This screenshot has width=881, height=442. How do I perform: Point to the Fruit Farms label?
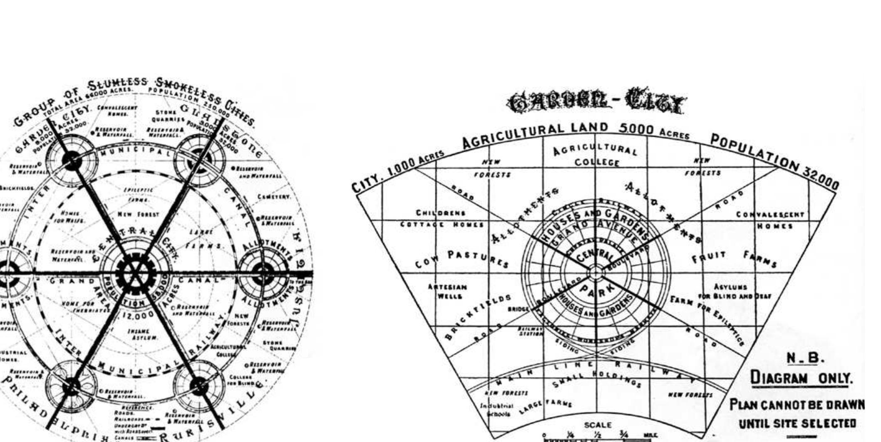(735, 259)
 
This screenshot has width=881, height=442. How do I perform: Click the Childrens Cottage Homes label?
(442, 219)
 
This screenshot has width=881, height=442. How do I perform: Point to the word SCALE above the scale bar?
(598, 425)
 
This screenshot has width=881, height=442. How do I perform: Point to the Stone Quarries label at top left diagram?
(168, 116)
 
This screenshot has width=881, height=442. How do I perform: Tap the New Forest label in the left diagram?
(139, 215)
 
